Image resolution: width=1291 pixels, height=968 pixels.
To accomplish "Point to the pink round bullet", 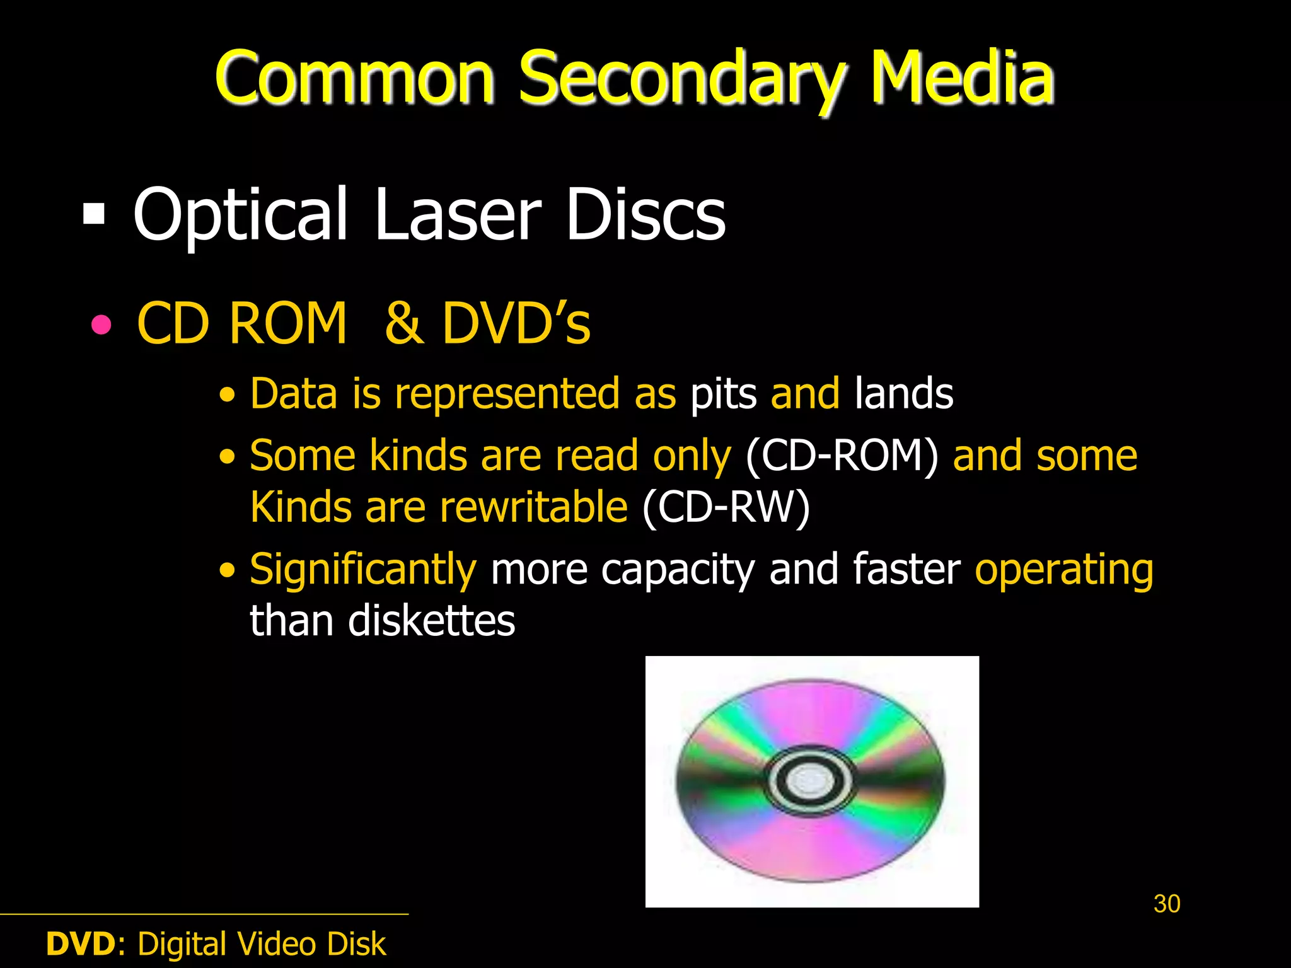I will click(101, 325).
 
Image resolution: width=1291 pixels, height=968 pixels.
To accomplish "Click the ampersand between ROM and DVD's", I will click(403, 323).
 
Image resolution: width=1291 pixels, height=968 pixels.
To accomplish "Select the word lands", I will click(903, 393).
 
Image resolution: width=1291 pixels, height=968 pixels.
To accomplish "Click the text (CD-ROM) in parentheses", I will click(842, 456).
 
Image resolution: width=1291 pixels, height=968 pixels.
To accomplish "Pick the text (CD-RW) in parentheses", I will click(726, 508).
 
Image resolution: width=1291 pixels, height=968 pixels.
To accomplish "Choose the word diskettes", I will click(431, 621).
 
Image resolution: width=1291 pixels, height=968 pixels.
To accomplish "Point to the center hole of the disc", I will click(810, 781).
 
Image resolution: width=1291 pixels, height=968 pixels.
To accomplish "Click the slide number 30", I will click(1167, 904).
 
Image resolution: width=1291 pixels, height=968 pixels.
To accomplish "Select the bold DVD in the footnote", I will click(81, 944).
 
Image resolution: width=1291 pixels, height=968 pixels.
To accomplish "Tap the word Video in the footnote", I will click(276, 944).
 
